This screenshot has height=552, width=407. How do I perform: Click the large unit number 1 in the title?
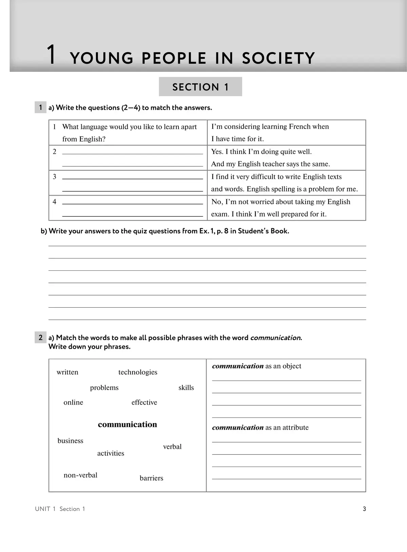(51, 55)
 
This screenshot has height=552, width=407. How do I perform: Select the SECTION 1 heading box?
(200, 87)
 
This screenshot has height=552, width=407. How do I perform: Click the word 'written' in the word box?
(67, 372)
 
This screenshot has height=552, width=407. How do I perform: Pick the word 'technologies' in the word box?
(138, 372)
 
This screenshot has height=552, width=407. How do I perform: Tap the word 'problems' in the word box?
(104, 388)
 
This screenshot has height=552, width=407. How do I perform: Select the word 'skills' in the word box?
(186, 388)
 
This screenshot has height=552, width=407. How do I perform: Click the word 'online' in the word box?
(73, 402)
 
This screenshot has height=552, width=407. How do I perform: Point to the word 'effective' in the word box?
(144, 402)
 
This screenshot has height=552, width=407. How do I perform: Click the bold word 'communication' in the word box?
(128, 425)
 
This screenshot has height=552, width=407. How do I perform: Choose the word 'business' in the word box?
(70, 441)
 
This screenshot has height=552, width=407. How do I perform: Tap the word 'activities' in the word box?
(111, 453)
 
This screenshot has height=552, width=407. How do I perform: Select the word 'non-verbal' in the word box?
(80, 475)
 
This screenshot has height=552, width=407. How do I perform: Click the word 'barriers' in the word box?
(151, 478)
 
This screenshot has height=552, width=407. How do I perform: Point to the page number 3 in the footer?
(364, 509)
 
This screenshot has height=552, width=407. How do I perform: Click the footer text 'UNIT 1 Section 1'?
(60, 509)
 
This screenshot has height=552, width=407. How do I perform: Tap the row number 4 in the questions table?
(54, 202)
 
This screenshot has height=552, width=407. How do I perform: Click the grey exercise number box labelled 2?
(40, 337)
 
